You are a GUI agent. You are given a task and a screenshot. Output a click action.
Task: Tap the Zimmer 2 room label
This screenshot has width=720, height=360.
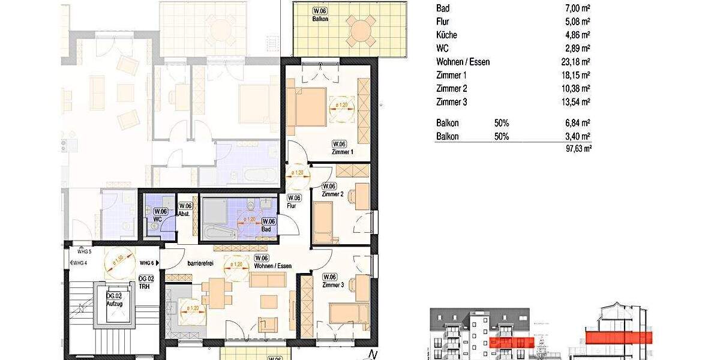tap(332, 194)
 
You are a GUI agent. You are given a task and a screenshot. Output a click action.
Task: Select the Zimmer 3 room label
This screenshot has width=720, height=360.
tap(333, 285)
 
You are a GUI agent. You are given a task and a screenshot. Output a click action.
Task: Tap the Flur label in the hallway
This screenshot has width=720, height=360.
tap(292, 205)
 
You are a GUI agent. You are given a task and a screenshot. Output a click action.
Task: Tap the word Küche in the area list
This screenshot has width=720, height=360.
tap(447, 35)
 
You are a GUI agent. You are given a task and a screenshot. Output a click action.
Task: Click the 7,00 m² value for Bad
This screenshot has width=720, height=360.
tap(577, 8)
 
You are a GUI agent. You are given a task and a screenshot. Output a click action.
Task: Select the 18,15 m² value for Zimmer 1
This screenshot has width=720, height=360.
tap(575, 75)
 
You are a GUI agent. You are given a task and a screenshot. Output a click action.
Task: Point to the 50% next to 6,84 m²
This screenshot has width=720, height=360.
tap(502, 123)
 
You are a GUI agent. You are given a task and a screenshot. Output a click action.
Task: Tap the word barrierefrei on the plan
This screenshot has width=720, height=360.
tap(202, 263)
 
